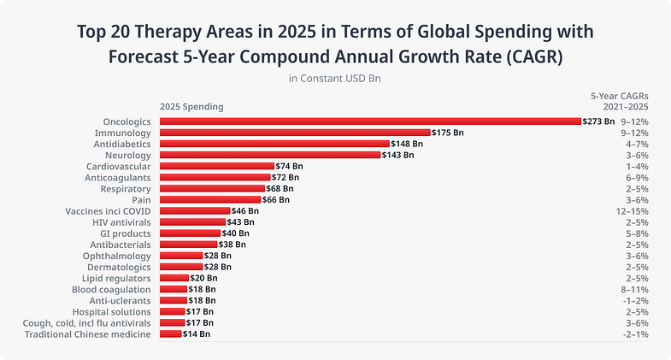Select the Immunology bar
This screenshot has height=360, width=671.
295,133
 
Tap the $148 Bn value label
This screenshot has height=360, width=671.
407,144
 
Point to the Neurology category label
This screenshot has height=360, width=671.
127,155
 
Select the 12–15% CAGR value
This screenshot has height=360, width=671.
633,210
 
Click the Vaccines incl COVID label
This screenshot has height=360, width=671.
108,210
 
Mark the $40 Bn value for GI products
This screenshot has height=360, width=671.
236,233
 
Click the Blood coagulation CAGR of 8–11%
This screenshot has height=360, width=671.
633,289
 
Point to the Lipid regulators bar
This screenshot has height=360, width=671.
174,278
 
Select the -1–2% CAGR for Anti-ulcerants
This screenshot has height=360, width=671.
633,300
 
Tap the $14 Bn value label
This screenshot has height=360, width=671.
197,333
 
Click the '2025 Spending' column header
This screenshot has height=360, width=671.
191,107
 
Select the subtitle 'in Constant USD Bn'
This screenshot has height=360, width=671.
335,79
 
